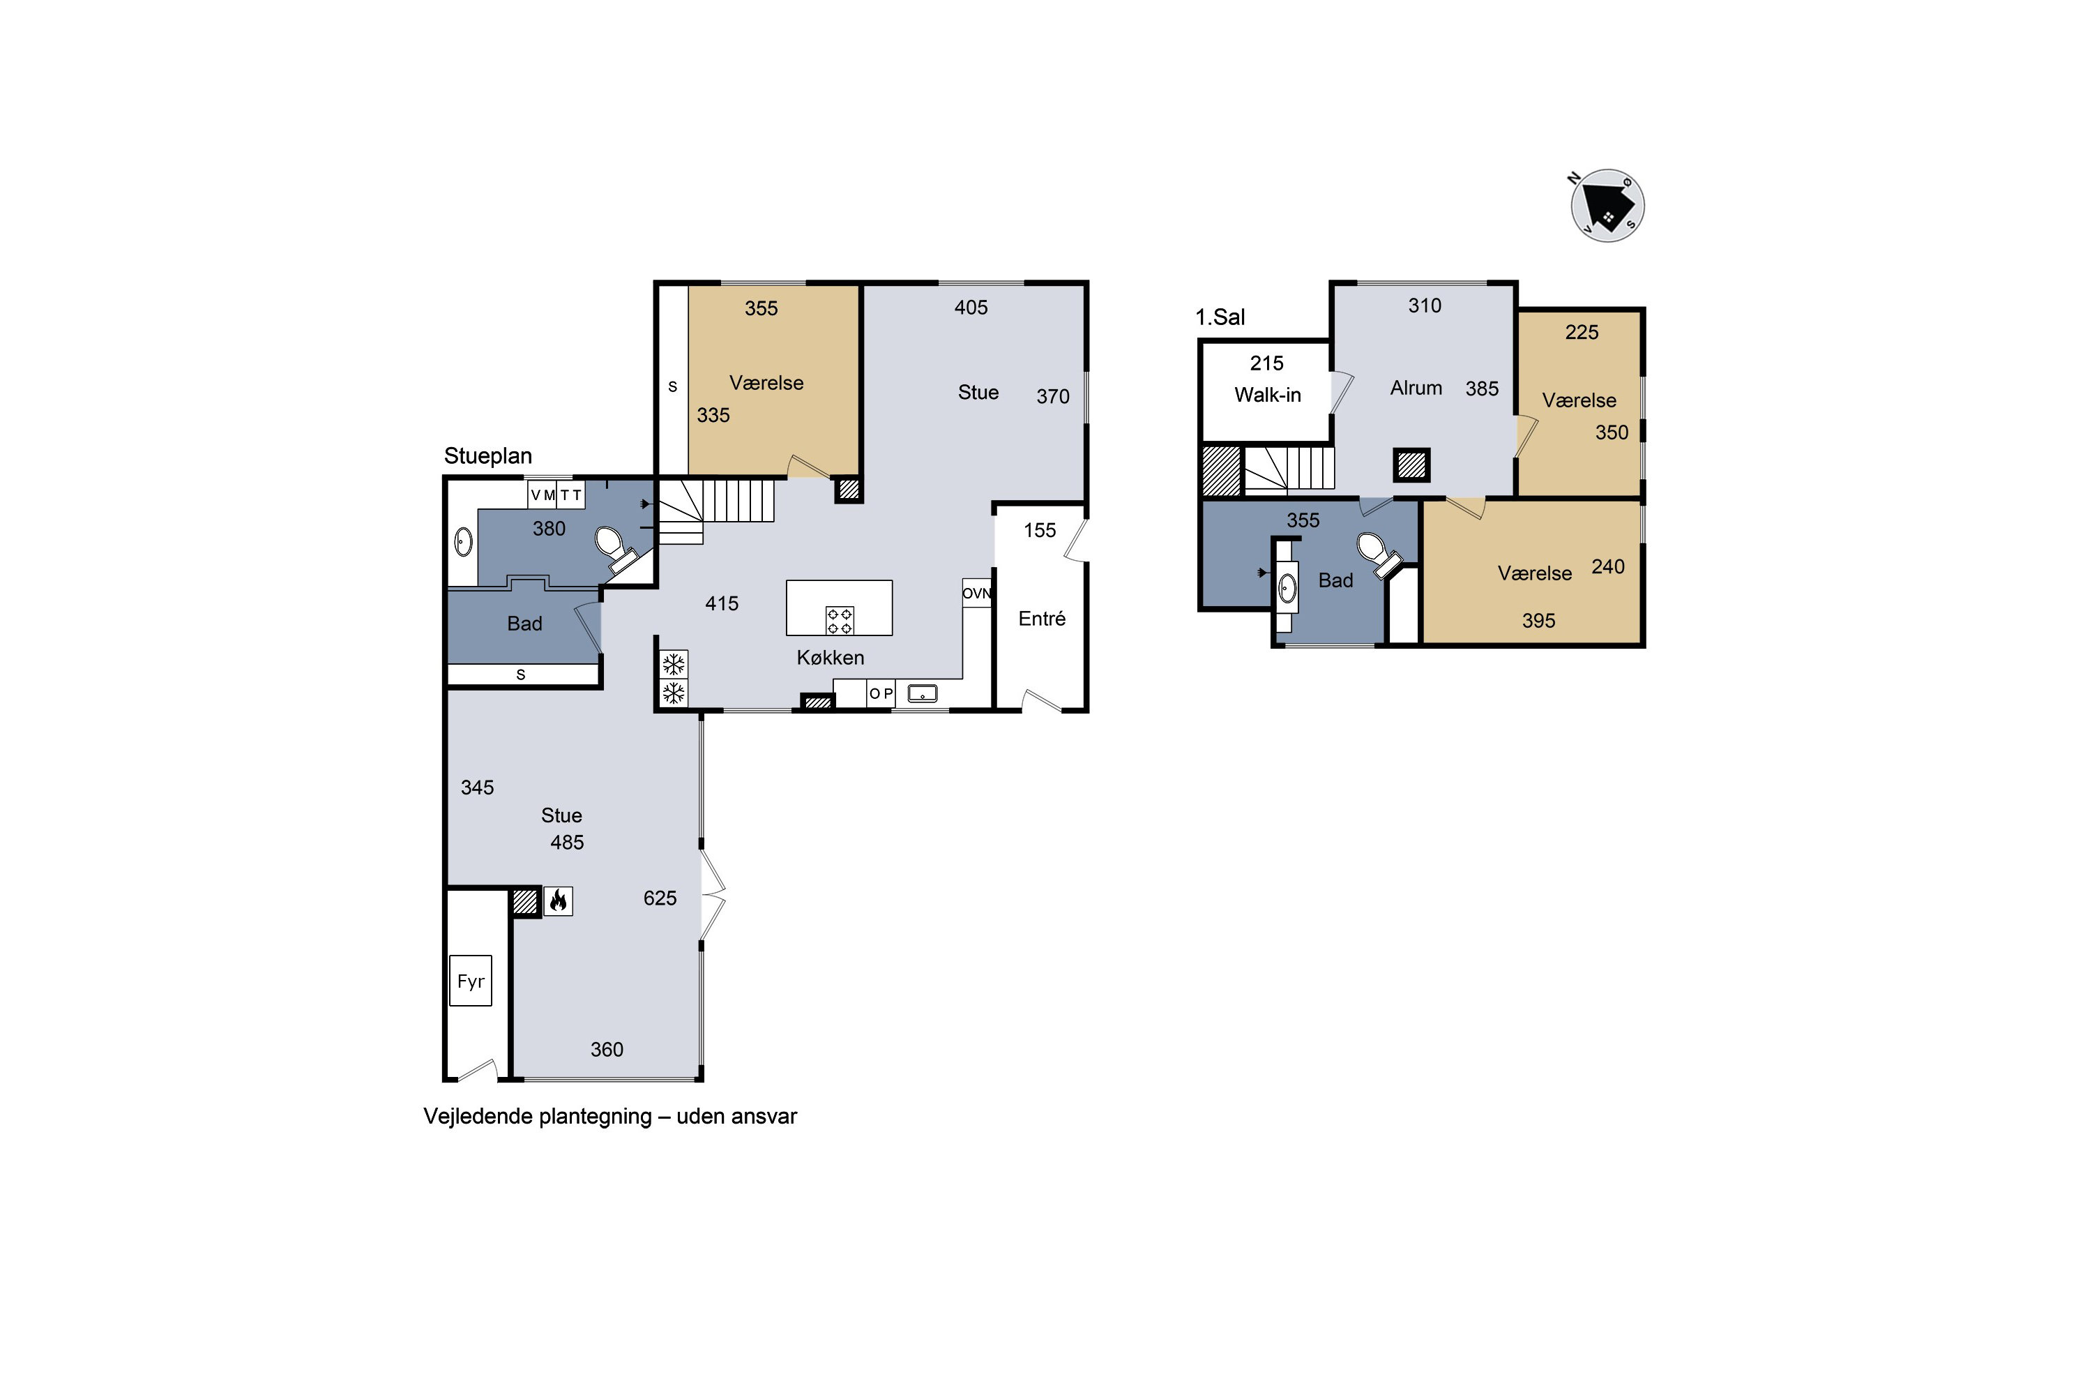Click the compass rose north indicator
coord(1575,178)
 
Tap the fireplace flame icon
coord(558,901)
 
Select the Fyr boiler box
coord(471,981)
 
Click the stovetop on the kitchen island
coord(840,620)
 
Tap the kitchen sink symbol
coord(923,693)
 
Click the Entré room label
coord(1042,618)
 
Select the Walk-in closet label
coord(1268,395)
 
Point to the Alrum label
coord(1416,388)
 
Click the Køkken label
coord(830,658)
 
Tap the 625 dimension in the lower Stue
coord(660,898)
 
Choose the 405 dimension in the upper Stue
coord(971,308)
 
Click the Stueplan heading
coord(487,456)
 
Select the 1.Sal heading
coord(1220,317)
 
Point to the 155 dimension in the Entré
coord(1040,531)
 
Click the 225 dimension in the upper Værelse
coord(1582,333)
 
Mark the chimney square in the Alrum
coord(1411,465)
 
